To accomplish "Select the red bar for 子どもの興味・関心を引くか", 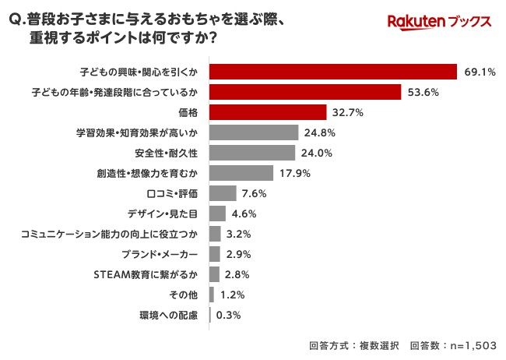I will (x=332, y=72).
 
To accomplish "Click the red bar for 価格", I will (x=268, y=112).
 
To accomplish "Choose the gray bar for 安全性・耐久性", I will (x=252, y=153).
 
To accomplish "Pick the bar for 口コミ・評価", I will (x=223, y=193).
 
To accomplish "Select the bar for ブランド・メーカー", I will (x=215, y=254).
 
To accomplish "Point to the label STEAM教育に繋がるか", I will (x=146, y=274).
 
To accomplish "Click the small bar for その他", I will (x=211, y=295).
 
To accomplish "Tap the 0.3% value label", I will (x=228, y=316).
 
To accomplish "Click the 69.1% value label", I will (x=480, y=72).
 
